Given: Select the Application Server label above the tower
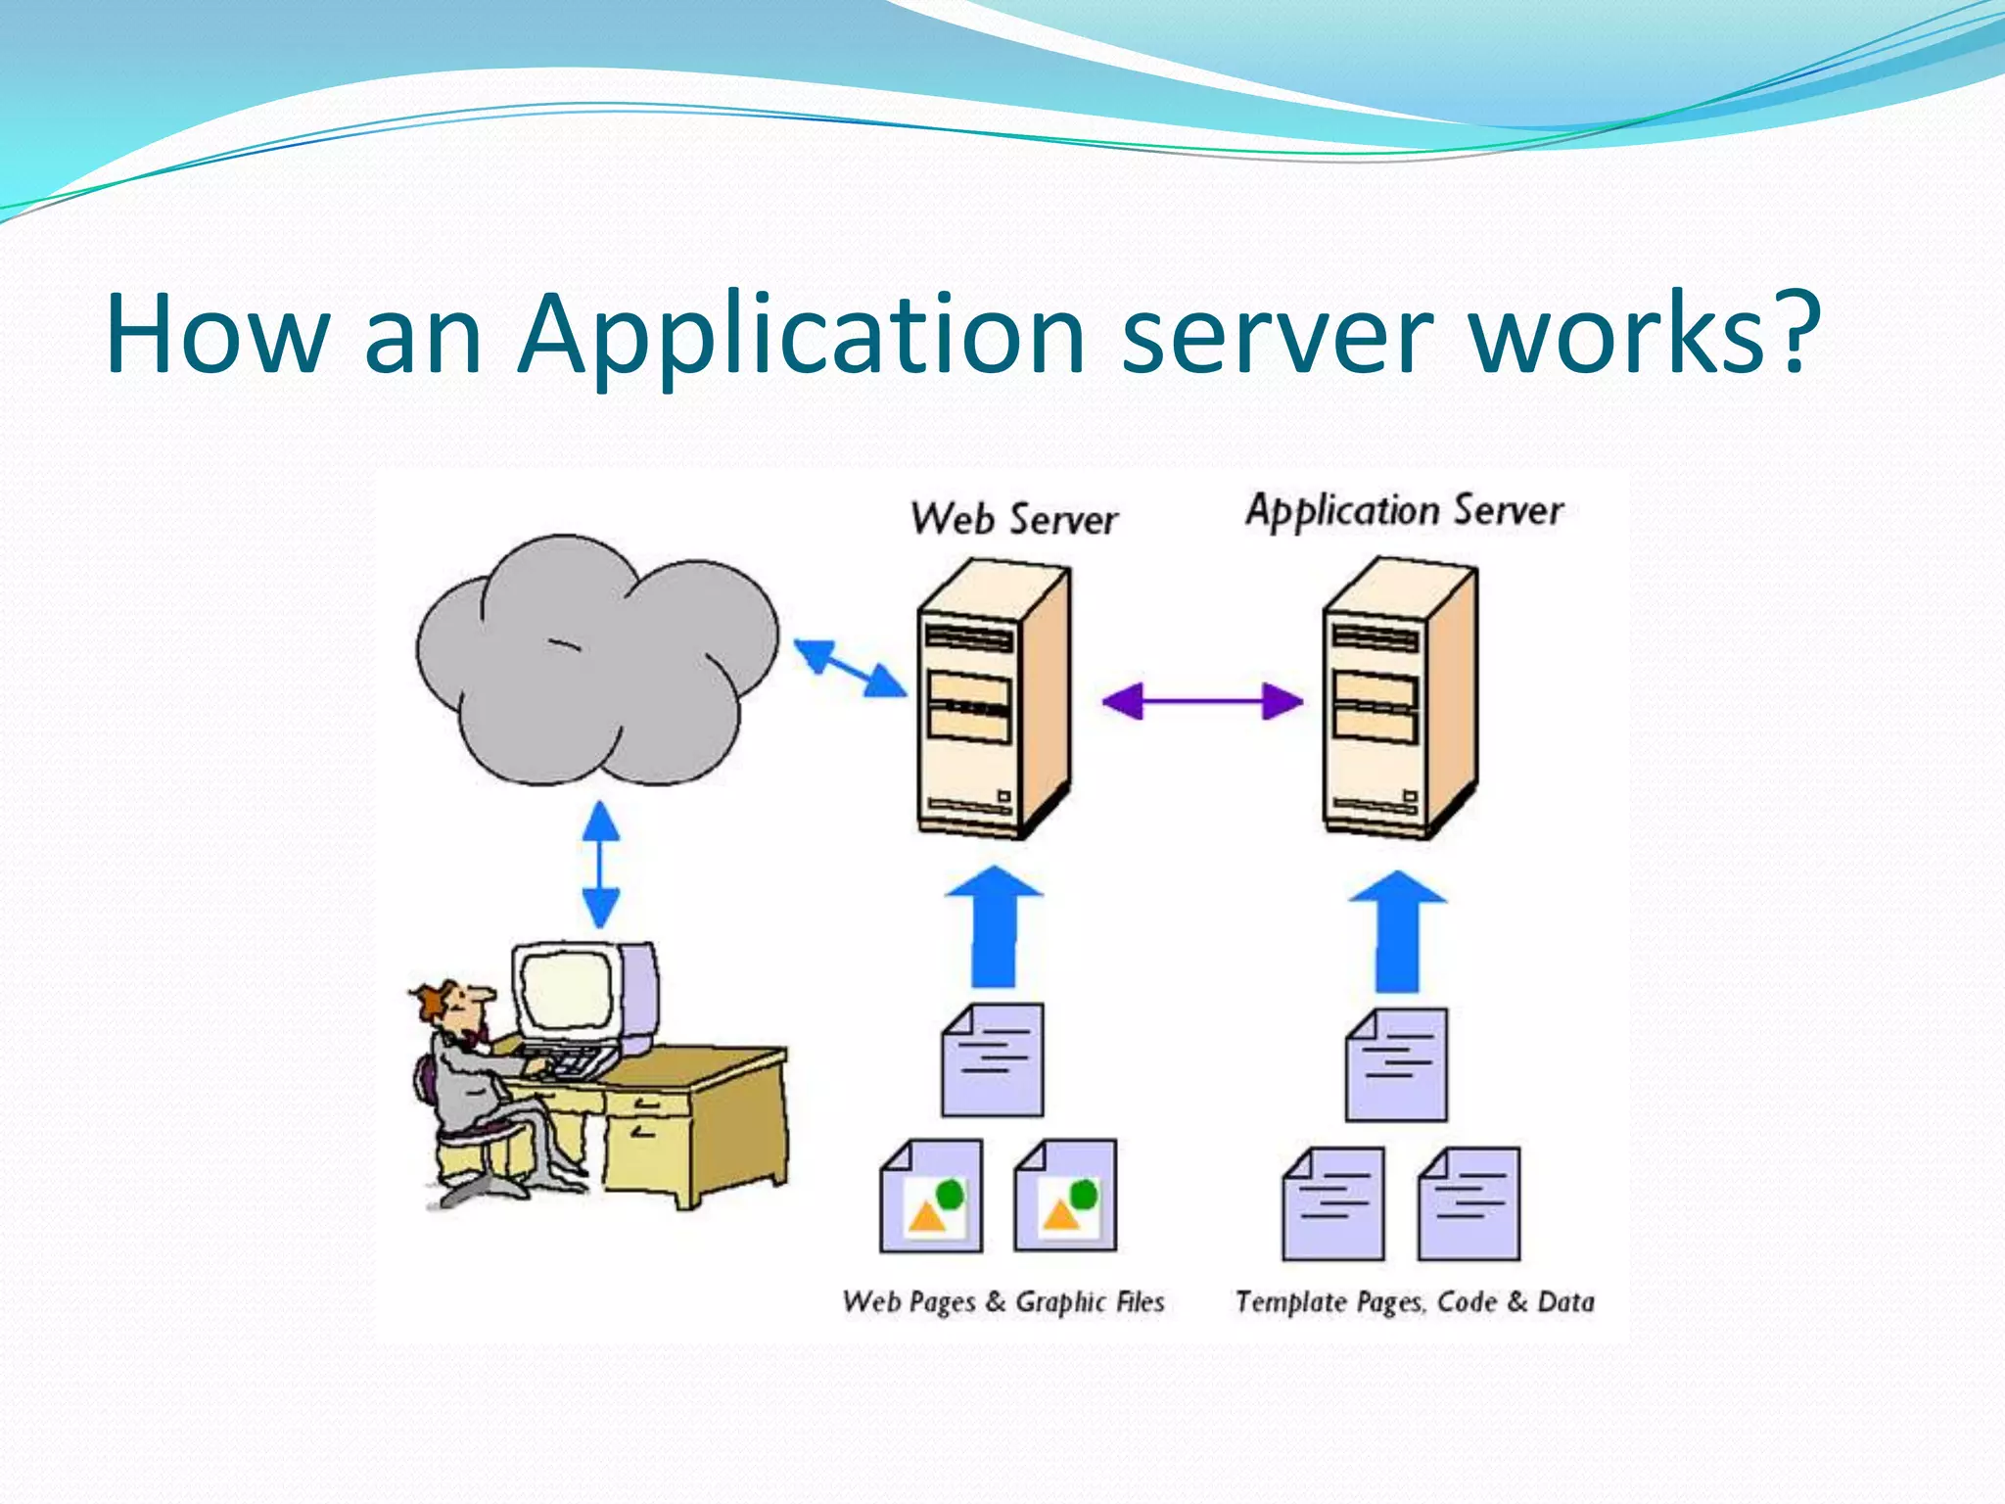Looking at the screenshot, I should point(1404,511).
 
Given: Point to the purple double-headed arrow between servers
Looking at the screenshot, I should point(1202,701).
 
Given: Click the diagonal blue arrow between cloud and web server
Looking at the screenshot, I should point(849,668).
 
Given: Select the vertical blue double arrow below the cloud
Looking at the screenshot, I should point(600,865).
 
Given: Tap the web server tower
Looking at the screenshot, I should point(991,701).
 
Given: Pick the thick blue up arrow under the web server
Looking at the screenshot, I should point(993,927).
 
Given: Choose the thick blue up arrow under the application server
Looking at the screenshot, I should point(1397,931).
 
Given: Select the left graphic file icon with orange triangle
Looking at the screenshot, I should point(930,1197).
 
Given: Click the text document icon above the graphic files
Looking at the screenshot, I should point(992,1059).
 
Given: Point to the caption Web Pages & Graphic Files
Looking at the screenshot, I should point(1002,1302).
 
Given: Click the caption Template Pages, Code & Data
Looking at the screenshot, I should point(1414,1302).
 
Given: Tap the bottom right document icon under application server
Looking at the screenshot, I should point(1469,1204).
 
